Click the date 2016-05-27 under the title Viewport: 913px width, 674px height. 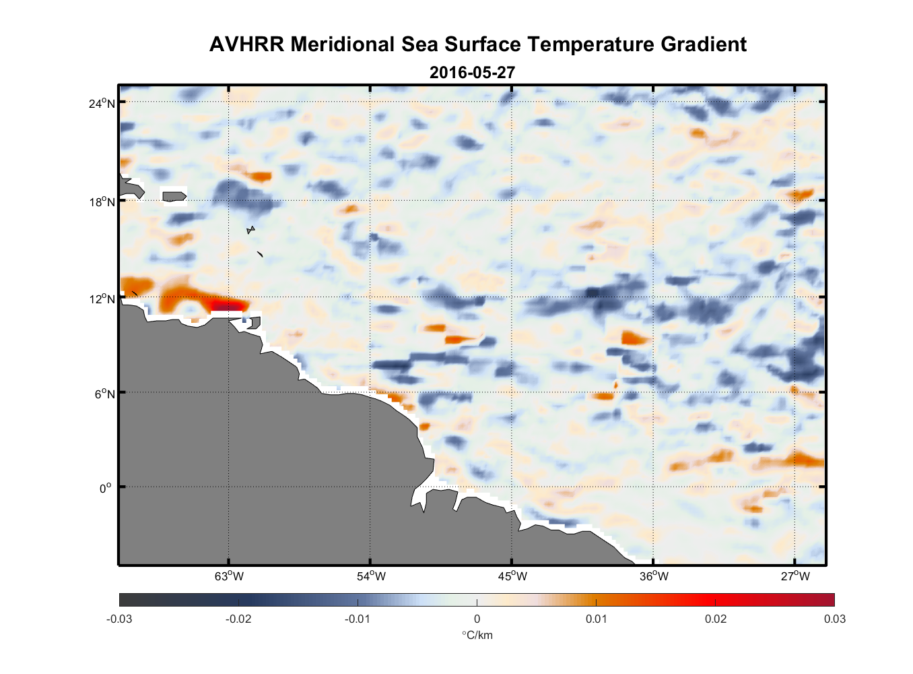472,72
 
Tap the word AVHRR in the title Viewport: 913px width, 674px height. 246,44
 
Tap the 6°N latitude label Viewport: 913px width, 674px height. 105,394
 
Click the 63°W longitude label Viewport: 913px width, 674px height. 229,576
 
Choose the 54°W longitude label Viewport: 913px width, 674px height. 371,576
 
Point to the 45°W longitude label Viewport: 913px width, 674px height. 512,576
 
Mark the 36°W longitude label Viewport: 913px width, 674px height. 654,576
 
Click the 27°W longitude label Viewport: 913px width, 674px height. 795,576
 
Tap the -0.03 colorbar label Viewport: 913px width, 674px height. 119,619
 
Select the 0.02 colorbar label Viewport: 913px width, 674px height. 716,619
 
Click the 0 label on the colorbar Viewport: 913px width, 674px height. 477,619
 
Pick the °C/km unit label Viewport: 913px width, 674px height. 477,635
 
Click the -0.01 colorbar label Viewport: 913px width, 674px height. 357,619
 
